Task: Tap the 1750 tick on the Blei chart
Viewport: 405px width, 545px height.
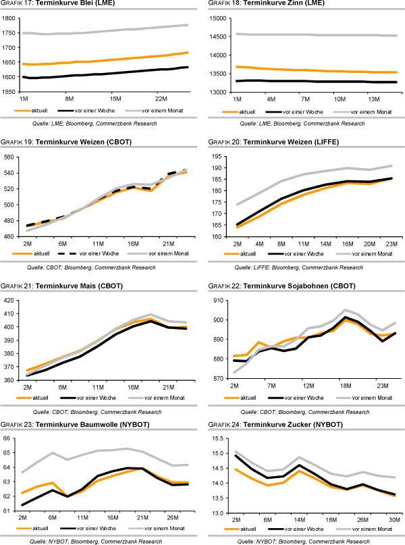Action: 10,32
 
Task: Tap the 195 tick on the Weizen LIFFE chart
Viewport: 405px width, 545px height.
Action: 217,157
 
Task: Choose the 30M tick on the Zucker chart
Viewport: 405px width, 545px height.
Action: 393,519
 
